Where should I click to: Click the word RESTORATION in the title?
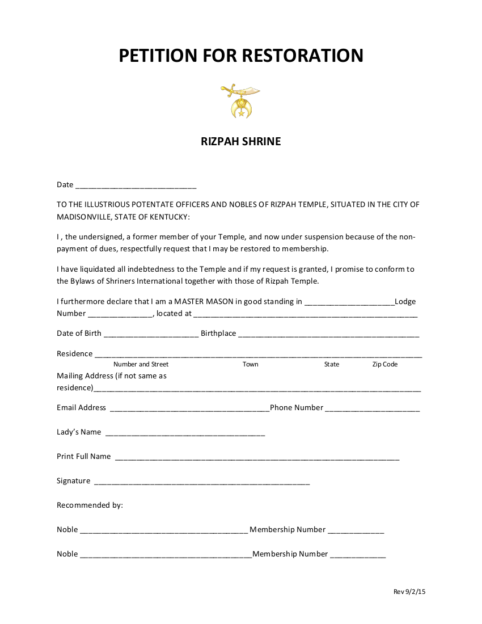tap(302, 56)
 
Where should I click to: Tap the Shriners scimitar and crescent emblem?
tap(240, 101)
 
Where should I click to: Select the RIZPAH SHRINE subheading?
tap(240, 141)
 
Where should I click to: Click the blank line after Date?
tap(136, 185)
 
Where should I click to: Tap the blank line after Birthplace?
tap(328, 335)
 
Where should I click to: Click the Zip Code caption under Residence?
tap(384, 364)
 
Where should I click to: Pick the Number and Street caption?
tap(141, 364)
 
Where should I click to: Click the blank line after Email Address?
tap(189, 409)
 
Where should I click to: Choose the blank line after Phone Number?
tap(373, 409)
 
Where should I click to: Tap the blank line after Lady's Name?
tap(185, 433)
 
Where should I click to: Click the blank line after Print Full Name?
tap(257, 458)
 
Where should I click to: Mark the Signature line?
tap(201, 482)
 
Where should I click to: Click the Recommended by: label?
tap(90, 505)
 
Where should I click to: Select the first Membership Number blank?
tap(356, 531)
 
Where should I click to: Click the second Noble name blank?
tap(166, 555)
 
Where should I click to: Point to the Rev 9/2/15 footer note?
tap(409, 592)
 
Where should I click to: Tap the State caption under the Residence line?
tap(332, 364)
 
